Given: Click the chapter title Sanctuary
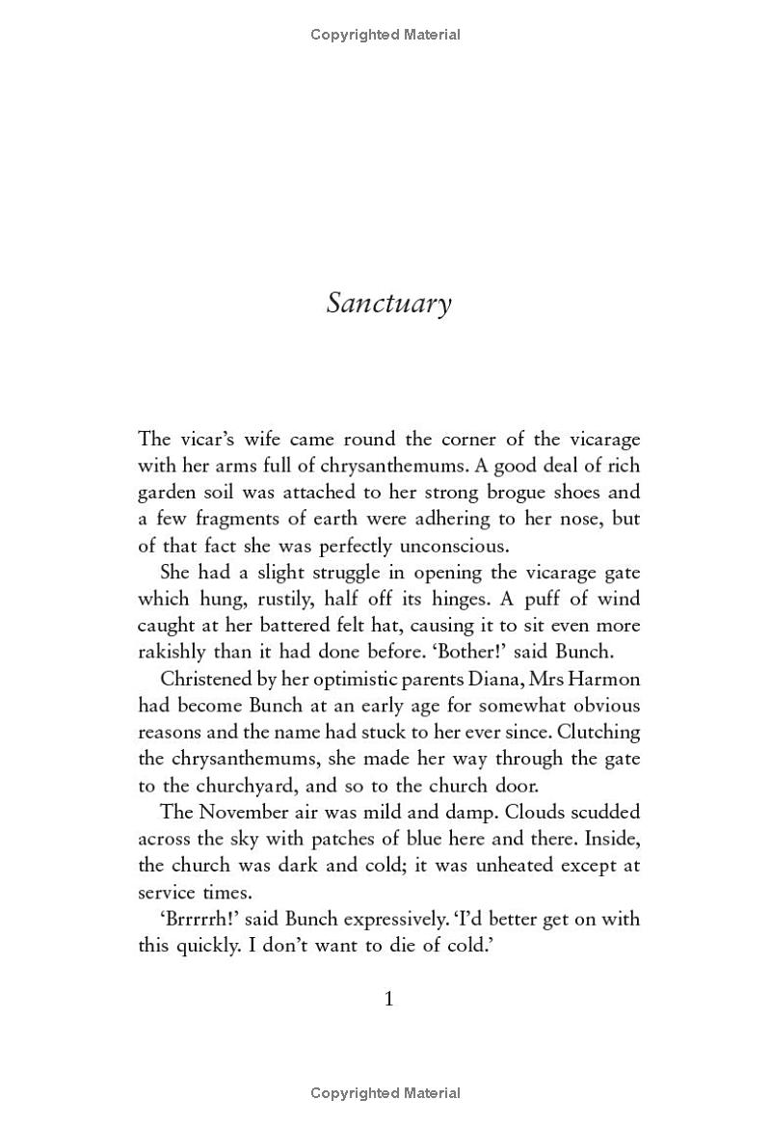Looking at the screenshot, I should point(388,303).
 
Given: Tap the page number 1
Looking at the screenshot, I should point(389,999).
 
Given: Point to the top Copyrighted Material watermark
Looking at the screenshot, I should point(385,35).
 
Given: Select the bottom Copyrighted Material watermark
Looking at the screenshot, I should point(385,1093).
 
